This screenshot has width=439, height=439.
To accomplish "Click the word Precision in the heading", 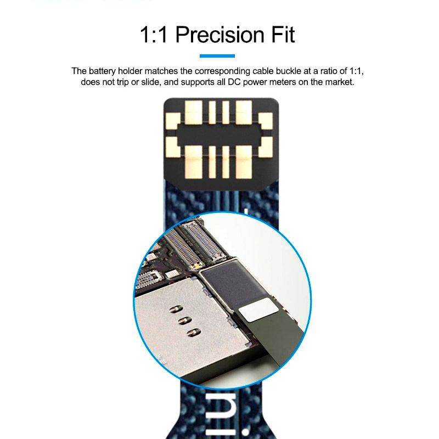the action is click(x=220, y=35).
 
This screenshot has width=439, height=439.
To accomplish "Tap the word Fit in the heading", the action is click(x=283, y=35).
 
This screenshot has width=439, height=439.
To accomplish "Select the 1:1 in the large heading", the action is click(x=154, y=35).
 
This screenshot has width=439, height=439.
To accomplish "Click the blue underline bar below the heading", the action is click(x=217, y=56).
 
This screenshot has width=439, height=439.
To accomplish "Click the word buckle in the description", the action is click(x=289, y=71).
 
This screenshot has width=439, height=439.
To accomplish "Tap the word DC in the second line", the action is click(x=234, y=82).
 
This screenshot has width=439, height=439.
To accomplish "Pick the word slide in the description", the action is click(x=151, y=82).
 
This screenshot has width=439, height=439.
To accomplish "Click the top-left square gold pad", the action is click(x=173, y=121).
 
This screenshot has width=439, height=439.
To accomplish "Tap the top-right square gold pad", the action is click(x=266, y=121).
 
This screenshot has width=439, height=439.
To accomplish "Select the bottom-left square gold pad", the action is click(x=173, y=147).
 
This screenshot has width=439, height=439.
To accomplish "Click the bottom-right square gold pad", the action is click(x=266, y=147).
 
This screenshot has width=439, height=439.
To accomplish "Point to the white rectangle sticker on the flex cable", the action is click(x=258, y=309).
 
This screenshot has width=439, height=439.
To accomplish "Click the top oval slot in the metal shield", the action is click(x=176, y=309).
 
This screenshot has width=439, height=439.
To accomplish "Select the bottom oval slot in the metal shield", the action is click(x=194, y=333).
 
